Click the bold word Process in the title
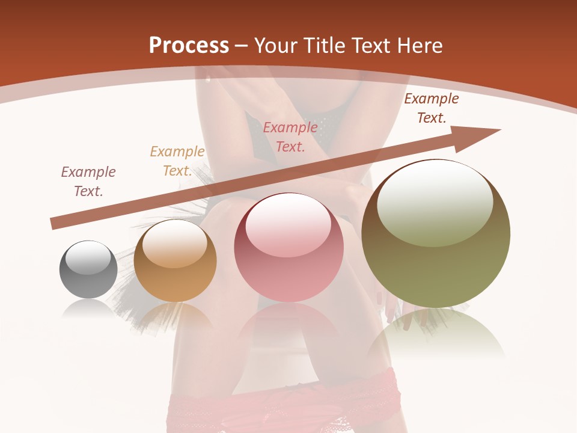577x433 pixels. click(189, 46)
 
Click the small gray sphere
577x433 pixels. click(88, 270)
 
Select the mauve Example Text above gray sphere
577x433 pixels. click(88, 182)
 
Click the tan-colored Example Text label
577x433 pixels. click(177, 161)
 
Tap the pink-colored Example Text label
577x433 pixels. click(290, 137)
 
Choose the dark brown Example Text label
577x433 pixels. click(432, 108)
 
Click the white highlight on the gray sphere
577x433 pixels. click(88, 257)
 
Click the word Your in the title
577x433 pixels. click(275, 46)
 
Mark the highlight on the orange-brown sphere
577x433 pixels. click(174, 244)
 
